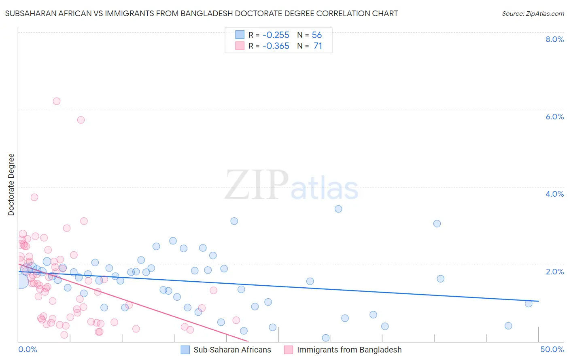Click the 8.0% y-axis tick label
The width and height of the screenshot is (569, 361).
(x=554, y=39)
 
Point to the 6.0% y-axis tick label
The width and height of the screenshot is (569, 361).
(x=554, y=117)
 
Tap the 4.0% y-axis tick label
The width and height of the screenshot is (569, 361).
(x=554, y=194)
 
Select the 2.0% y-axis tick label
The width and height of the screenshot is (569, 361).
(x=554, y=272)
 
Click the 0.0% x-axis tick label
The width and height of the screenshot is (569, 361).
(x=28, y=349)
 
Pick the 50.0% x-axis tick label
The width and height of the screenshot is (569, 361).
(x=552, y=349)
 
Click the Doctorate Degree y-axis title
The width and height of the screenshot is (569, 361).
(x=11, y=185)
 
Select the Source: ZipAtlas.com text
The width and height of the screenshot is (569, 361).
(x=533, y=13)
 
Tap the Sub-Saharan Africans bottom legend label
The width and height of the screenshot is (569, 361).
(x=232, y=350)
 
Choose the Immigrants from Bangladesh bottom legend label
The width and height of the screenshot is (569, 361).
(x=349, y=350)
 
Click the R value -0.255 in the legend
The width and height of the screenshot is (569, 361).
(x=276, y=35)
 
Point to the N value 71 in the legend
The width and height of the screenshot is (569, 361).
(x=318, y=46)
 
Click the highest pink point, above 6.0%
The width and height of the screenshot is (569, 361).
(x=57, y=101)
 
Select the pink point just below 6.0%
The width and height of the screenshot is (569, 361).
(x=81, y=120)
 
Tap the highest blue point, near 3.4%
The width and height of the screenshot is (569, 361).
(x=338, y=209)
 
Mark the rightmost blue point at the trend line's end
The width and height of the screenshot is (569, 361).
(x=529, y=304)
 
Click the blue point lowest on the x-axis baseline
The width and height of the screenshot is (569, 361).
(x=326, y=338)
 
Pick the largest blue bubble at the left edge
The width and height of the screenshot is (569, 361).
(x=21, y=281)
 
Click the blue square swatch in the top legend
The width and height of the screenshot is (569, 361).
(x=240, y=35)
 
